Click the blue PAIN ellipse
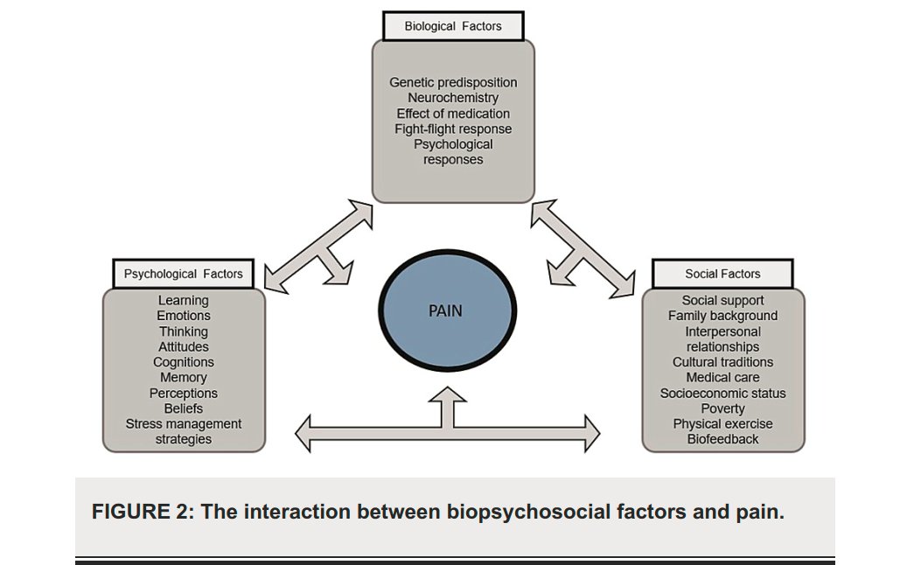[445, 311]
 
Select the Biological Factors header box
[453, 26]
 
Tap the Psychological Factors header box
[183, 274]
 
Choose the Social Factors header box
[722, 274]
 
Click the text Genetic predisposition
[453, 82]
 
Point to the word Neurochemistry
[453, 98]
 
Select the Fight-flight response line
[453, 129]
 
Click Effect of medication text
[453, 114]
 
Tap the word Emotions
[184, 316]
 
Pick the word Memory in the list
[184, 378]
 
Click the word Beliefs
[184, 408]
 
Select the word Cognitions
[184, 362]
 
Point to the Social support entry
[722, 301]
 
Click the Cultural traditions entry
[722, 362]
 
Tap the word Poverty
[722, 408]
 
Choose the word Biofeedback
[722, 439]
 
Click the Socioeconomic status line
[722, 394]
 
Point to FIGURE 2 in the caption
[142, 512]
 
